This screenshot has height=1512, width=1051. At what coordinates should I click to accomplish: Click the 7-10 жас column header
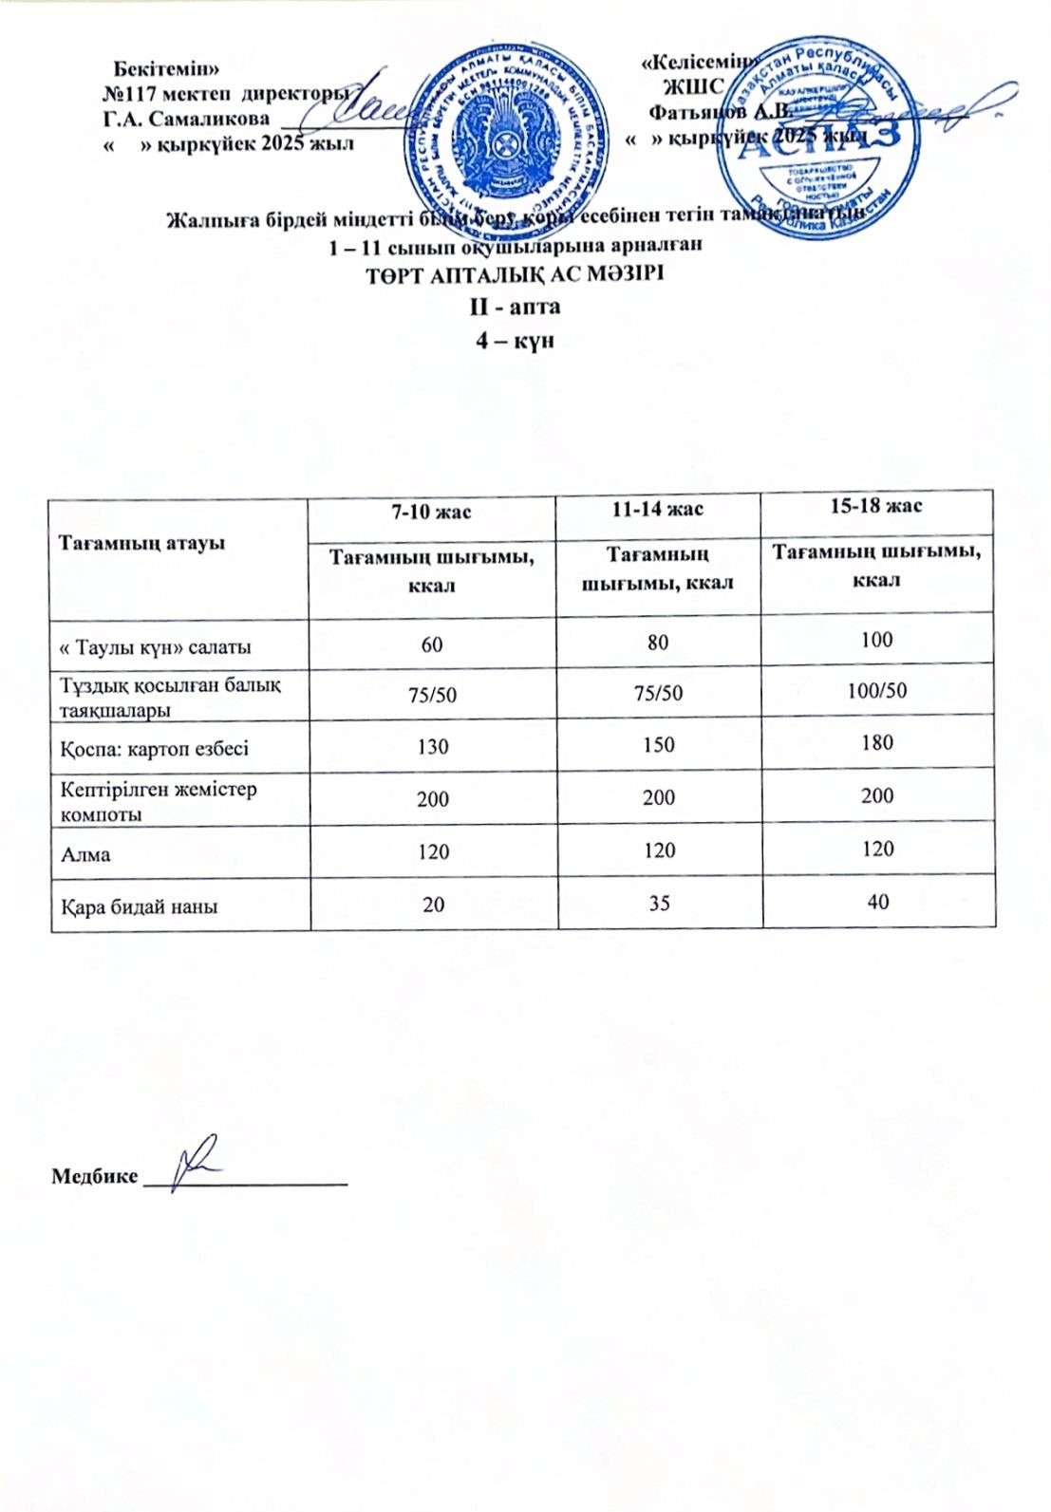pos(433,512)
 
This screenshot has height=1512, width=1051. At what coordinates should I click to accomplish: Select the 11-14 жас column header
pos(657,509)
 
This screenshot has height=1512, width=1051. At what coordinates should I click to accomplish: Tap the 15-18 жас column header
pos(876,505)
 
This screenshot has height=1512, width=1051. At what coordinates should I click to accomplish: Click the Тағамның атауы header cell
pos(142,544)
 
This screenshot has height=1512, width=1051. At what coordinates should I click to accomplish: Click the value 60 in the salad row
pos(432,644)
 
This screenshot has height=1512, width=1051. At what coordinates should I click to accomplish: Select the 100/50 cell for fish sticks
pos(877,690)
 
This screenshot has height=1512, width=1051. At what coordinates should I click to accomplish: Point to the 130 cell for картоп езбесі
pos(433,746)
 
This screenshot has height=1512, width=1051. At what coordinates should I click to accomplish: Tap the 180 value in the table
pos(877,742)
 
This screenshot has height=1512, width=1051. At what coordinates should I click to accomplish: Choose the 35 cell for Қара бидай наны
pos(658,903)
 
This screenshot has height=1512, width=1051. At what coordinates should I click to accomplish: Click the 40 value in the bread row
pos(877,901)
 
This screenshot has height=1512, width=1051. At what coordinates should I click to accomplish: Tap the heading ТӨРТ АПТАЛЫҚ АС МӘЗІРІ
pos(514,276)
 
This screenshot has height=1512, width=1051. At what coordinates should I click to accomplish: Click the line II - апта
pos(514,307)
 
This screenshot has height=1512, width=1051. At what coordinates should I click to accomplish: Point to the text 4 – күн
pos(514,340)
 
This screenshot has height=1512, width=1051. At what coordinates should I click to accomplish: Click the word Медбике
pos(93,1177)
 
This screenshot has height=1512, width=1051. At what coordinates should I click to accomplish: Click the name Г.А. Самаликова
pos(185,119)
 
